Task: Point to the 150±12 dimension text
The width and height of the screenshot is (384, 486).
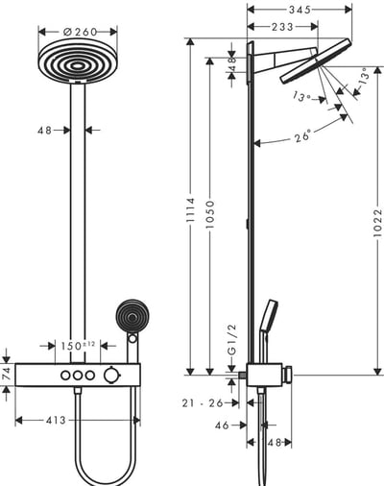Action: point(76,346)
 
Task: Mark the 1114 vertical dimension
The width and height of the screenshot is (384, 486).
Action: point(190,208)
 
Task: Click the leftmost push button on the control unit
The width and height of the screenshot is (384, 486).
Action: point(64,375)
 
